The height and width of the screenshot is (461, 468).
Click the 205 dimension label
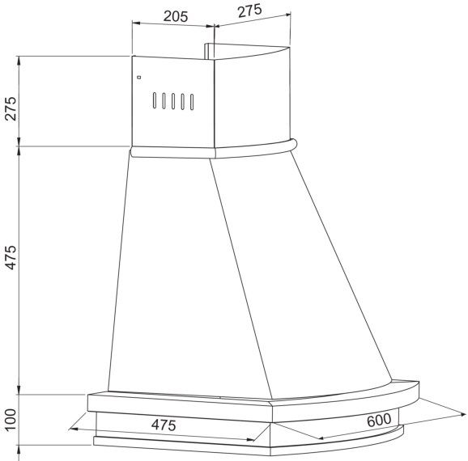[176, 16]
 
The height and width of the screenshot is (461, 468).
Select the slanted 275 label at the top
[249, 11]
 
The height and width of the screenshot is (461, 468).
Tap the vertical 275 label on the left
[11, 108]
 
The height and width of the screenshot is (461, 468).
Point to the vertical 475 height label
[11, 257]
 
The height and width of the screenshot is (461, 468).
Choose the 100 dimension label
[11, 420]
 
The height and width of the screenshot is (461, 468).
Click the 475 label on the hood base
[164, 425]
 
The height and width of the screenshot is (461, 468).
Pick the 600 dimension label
[379, 420]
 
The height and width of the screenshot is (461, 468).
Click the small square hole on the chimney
[138, 78]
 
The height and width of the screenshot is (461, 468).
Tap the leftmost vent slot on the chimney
[155, 100]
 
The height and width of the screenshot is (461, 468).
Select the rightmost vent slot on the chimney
[192, 102]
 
